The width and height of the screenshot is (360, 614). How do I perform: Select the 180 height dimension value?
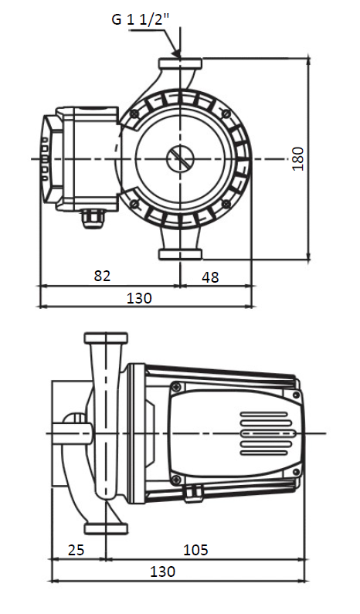point(298,158)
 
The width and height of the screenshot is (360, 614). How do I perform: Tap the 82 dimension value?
point(103,276)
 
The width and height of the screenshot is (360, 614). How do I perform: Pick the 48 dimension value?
point(210,277)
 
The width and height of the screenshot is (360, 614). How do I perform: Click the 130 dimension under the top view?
point(139,298)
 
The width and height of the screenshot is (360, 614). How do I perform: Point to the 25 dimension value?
point(76,550)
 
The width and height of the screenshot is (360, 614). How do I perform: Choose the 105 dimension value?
point(196,550)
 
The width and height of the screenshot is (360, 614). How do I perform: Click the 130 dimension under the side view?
point(163,572)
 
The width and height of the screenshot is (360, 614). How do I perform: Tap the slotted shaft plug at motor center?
point(180,158)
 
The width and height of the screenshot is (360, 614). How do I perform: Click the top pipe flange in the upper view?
point(180,64)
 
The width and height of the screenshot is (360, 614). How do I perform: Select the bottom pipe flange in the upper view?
point(180,255)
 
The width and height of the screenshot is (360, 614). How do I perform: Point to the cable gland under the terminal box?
point(93,219)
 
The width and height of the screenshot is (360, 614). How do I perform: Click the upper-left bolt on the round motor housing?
point(134,114)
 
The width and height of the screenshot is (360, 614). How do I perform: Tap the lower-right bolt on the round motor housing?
point(226,204)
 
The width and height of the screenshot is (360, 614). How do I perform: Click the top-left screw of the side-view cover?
point(176,387)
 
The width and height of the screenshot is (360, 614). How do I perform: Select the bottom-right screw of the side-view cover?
point(297,471)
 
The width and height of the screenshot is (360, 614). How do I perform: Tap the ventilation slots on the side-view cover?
point(267,433)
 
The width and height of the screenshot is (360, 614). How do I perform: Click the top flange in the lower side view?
point(106,338)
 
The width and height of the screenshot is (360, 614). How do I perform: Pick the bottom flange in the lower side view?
point(106,528)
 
